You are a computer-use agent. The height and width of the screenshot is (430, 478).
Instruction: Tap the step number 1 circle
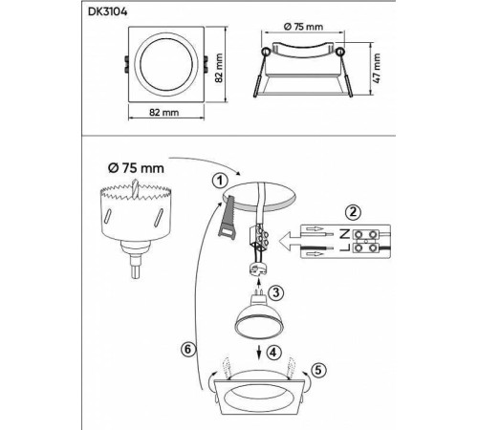tap(221, 179)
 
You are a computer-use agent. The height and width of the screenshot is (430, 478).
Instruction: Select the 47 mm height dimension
tap(376, 66)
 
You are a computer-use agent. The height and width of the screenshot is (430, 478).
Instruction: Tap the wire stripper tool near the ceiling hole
tap(228, 223)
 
